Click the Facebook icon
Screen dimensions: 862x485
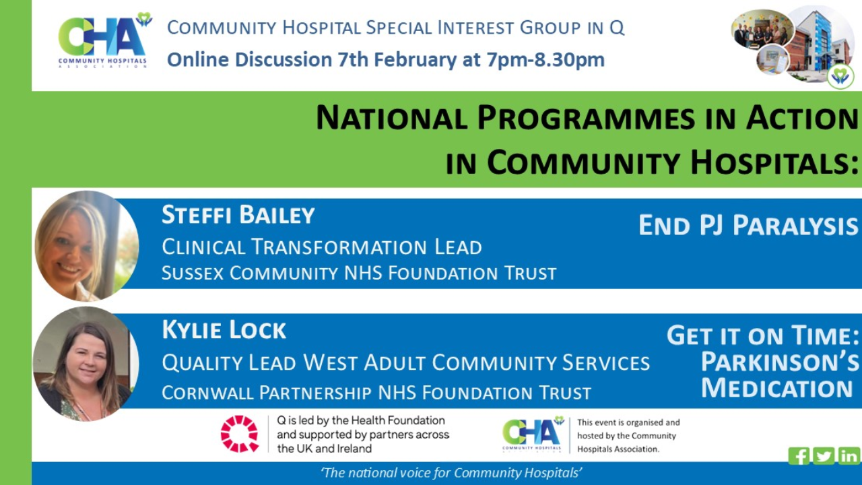[799, 456]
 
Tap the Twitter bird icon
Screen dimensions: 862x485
[824, 456]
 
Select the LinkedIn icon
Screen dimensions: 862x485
[849, 456]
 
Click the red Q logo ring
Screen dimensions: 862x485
[239, 434]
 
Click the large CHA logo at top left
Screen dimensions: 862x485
[104, 40]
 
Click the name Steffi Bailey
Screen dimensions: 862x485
[238, 215]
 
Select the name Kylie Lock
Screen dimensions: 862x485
[224, 330]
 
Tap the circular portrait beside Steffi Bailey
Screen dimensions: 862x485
[87, 246]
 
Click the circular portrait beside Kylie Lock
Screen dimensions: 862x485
[86, 364]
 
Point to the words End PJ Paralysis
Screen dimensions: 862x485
[748, 225]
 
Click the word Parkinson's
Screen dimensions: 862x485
[780, 362]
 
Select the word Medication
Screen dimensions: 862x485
[776, 387]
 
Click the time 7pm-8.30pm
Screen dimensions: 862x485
[545, 60]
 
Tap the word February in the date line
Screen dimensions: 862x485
[416, 61]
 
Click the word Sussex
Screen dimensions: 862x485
[193, 273]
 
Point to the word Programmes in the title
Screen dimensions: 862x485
[586, 118]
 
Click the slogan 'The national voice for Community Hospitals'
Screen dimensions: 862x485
[451, 473]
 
